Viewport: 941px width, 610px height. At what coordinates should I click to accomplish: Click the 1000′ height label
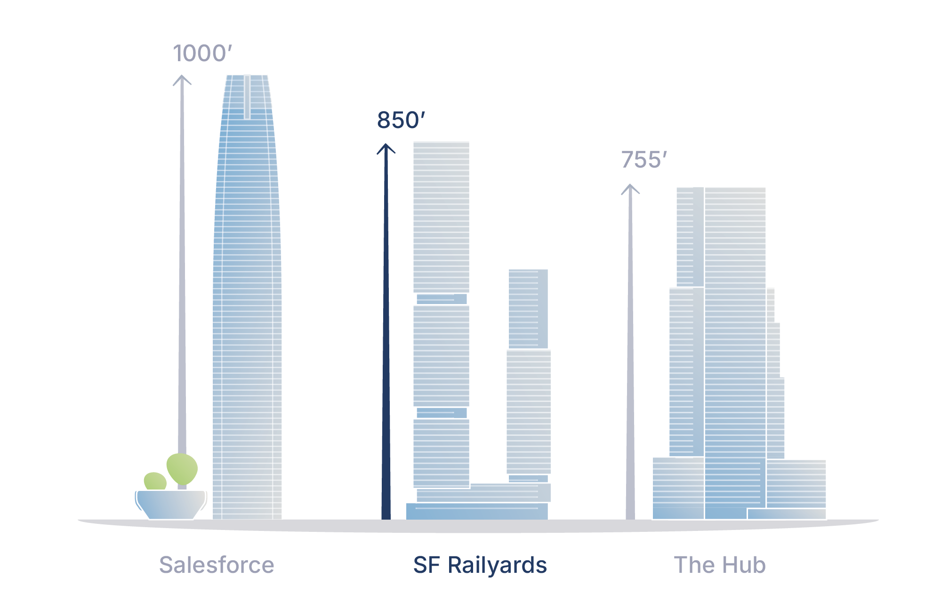202,53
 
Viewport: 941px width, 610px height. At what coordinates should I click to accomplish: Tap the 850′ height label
401,120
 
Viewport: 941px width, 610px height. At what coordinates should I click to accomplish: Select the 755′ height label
644,160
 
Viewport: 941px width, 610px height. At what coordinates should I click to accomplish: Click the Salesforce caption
217,565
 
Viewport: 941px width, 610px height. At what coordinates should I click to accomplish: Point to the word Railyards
497,565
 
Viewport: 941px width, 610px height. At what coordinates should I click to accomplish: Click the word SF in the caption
426,565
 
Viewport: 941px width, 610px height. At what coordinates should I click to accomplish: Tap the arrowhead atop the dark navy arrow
386,149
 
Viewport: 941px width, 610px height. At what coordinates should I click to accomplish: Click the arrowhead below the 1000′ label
182,80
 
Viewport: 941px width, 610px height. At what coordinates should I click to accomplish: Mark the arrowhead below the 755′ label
630,189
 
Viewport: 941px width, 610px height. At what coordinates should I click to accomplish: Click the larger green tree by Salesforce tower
182,468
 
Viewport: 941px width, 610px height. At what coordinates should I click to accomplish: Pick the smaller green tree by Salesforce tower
155,482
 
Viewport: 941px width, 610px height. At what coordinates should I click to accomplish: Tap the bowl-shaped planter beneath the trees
171,505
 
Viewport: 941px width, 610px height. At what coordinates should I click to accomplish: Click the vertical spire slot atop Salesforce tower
247,96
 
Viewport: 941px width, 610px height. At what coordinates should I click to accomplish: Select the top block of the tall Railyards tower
441,217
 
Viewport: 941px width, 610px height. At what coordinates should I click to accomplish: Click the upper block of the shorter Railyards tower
528,308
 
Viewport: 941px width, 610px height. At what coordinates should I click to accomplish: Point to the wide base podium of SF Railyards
477,511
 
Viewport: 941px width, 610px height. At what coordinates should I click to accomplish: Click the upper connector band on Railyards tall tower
442,299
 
